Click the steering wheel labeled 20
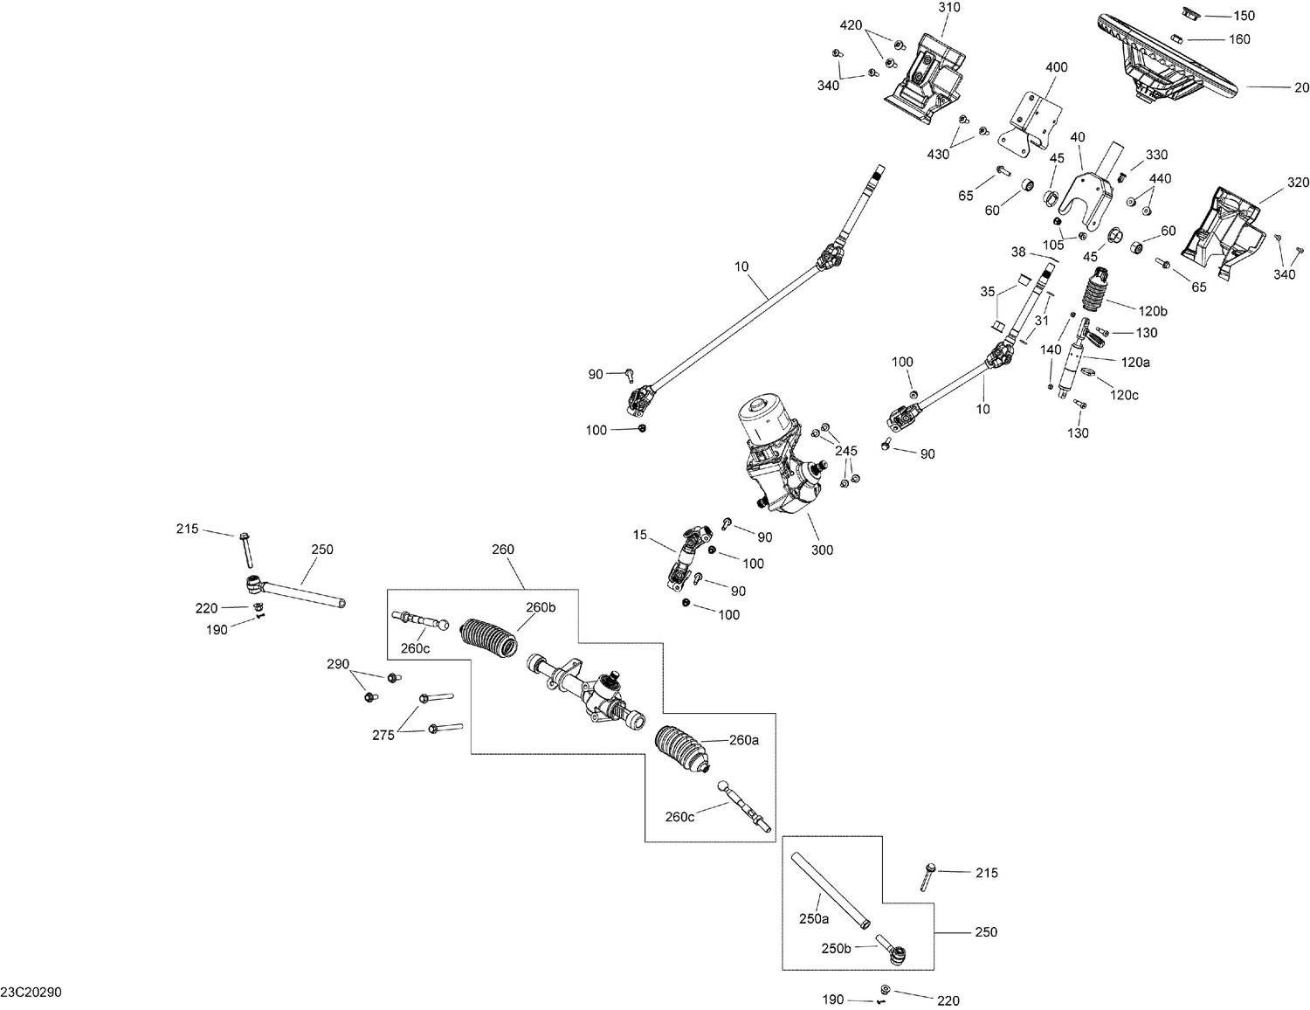pos(1170,57)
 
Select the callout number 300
pos(822,550)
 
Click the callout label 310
pos(948,8)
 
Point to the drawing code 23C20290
pos(31,993)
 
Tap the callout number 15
pos(641,535)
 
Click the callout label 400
pos(1056,67)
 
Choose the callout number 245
pos(845,451)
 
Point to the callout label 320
pos(1298,183)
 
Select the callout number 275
pos(384,735)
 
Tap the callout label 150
pos(1243,16)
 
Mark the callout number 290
pos(338,665)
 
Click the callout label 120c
pos(1124,395)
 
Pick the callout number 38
pos(1018,252)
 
